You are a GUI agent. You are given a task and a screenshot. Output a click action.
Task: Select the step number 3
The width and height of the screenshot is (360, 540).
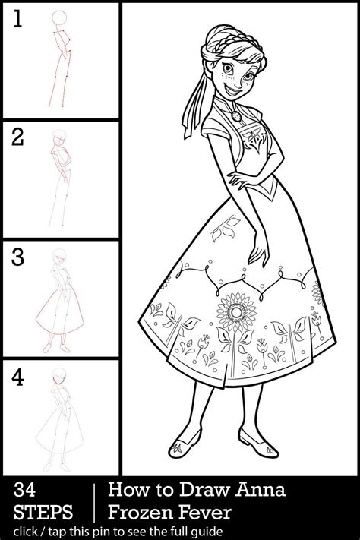pos(17,256)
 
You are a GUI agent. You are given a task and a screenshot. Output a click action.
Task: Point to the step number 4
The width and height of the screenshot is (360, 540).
pos(17,375)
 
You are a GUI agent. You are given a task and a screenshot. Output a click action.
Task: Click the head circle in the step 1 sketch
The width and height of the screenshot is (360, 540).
pos(58,20)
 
